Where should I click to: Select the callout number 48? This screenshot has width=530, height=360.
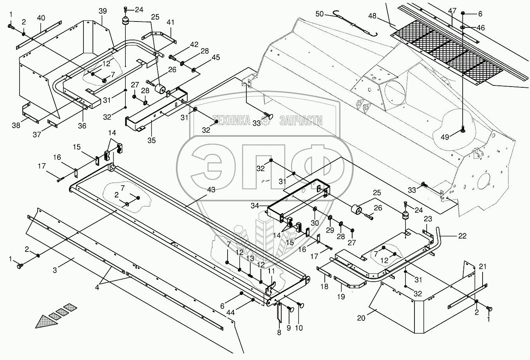tap(372, 16)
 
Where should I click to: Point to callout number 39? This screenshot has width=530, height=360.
tap(103, 11)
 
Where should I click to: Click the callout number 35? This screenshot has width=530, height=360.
tap(151, 139)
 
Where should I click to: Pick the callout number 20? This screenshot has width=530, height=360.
tap(361, 318)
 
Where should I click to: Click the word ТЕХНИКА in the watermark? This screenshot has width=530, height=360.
tap(231, 121)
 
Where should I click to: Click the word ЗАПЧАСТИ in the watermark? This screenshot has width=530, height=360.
tap(301, 121)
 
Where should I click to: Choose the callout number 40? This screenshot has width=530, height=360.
tap(41, 18)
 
